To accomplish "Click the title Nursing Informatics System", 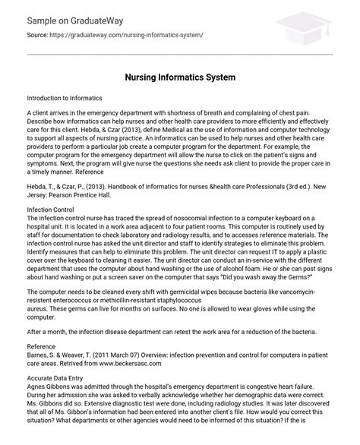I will coord(180,77).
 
